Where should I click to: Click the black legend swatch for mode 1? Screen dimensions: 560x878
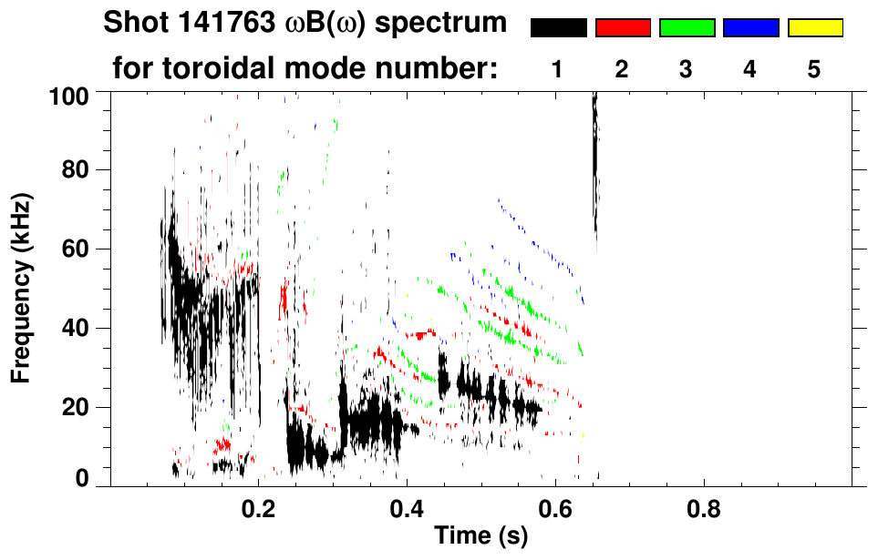coord(558,28)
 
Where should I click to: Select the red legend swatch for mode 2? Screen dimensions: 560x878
coord(623,28)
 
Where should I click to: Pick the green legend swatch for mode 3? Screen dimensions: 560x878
coord(687,28)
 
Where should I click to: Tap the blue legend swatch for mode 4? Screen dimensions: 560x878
coord(750,28)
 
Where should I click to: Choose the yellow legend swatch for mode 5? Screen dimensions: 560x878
coord(814,28)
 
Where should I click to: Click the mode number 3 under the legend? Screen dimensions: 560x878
coord(687,69)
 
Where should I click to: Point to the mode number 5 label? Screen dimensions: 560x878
coord(814,69)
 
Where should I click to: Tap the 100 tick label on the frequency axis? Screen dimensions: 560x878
coord(70,95)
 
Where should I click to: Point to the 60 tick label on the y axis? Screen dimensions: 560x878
coord(77,249)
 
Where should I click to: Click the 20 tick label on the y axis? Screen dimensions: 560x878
coord(77,406)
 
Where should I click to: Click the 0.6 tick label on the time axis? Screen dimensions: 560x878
coord(555,510)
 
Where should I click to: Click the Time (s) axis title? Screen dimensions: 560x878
coord(480,536)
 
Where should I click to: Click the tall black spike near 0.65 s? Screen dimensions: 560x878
coord(595,164)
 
